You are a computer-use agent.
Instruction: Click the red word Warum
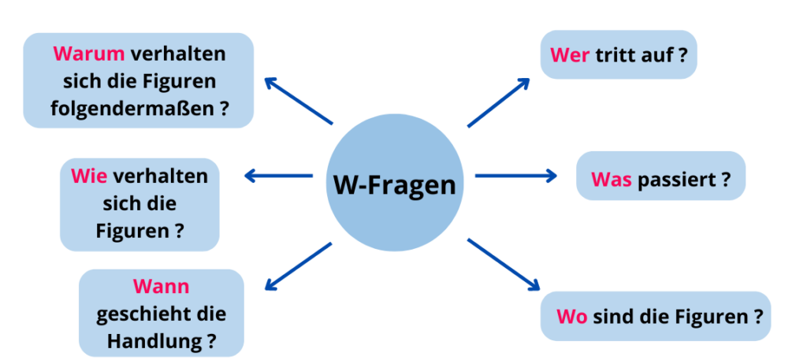tap(89, 54)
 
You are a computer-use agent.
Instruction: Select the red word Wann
tap(161, 286)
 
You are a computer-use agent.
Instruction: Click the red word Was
tap(612, 179)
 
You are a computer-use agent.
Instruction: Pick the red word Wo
tap(571, 317)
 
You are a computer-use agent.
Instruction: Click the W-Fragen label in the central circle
tap(395, 186)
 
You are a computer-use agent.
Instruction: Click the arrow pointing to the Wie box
tap(279, 176)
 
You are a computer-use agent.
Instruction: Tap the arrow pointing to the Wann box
tap(299, 266)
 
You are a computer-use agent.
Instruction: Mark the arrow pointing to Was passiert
tap(516, 176)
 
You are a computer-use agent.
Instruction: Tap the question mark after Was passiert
tap(725, 179)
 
